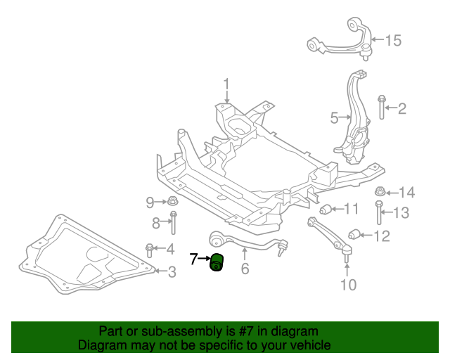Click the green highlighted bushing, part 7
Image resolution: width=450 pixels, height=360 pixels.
coord(217,262)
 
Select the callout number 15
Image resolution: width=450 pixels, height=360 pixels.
coord(393,41)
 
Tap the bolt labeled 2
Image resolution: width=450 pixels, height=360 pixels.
coord(382,107)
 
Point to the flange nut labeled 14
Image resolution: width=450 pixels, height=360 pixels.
coord(380,191)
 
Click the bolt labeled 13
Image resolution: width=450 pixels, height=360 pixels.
coord(379,212)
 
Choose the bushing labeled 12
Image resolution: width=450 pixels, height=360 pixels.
coord(354,235)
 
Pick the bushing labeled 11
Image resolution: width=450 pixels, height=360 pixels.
coord(326,209)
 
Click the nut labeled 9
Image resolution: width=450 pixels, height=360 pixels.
coord(173,200)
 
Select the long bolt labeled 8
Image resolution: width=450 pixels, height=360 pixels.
coord(174,222)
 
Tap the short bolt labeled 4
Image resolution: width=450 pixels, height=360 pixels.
coord(150,250)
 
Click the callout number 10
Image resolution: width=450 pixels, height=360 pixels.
coord(349,285)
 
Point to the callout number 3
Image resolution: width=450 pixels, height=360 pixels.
coord(172,272)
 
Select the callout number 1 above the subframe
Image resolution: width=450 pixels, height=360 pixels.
coord(226,84)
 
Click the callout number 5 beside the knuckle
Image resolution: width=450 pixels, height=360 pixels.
coord(335,118)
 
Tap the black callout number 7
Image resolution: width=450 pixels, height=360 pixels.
coord(194,259)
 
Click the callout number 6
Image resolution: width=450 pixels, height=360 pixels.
coord(245,269)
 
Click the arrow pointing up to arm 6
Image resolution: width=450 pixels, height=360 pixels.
coord(245,255)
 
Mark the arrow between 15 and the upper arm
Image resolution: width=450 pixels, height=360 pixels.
coord(378,39)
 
